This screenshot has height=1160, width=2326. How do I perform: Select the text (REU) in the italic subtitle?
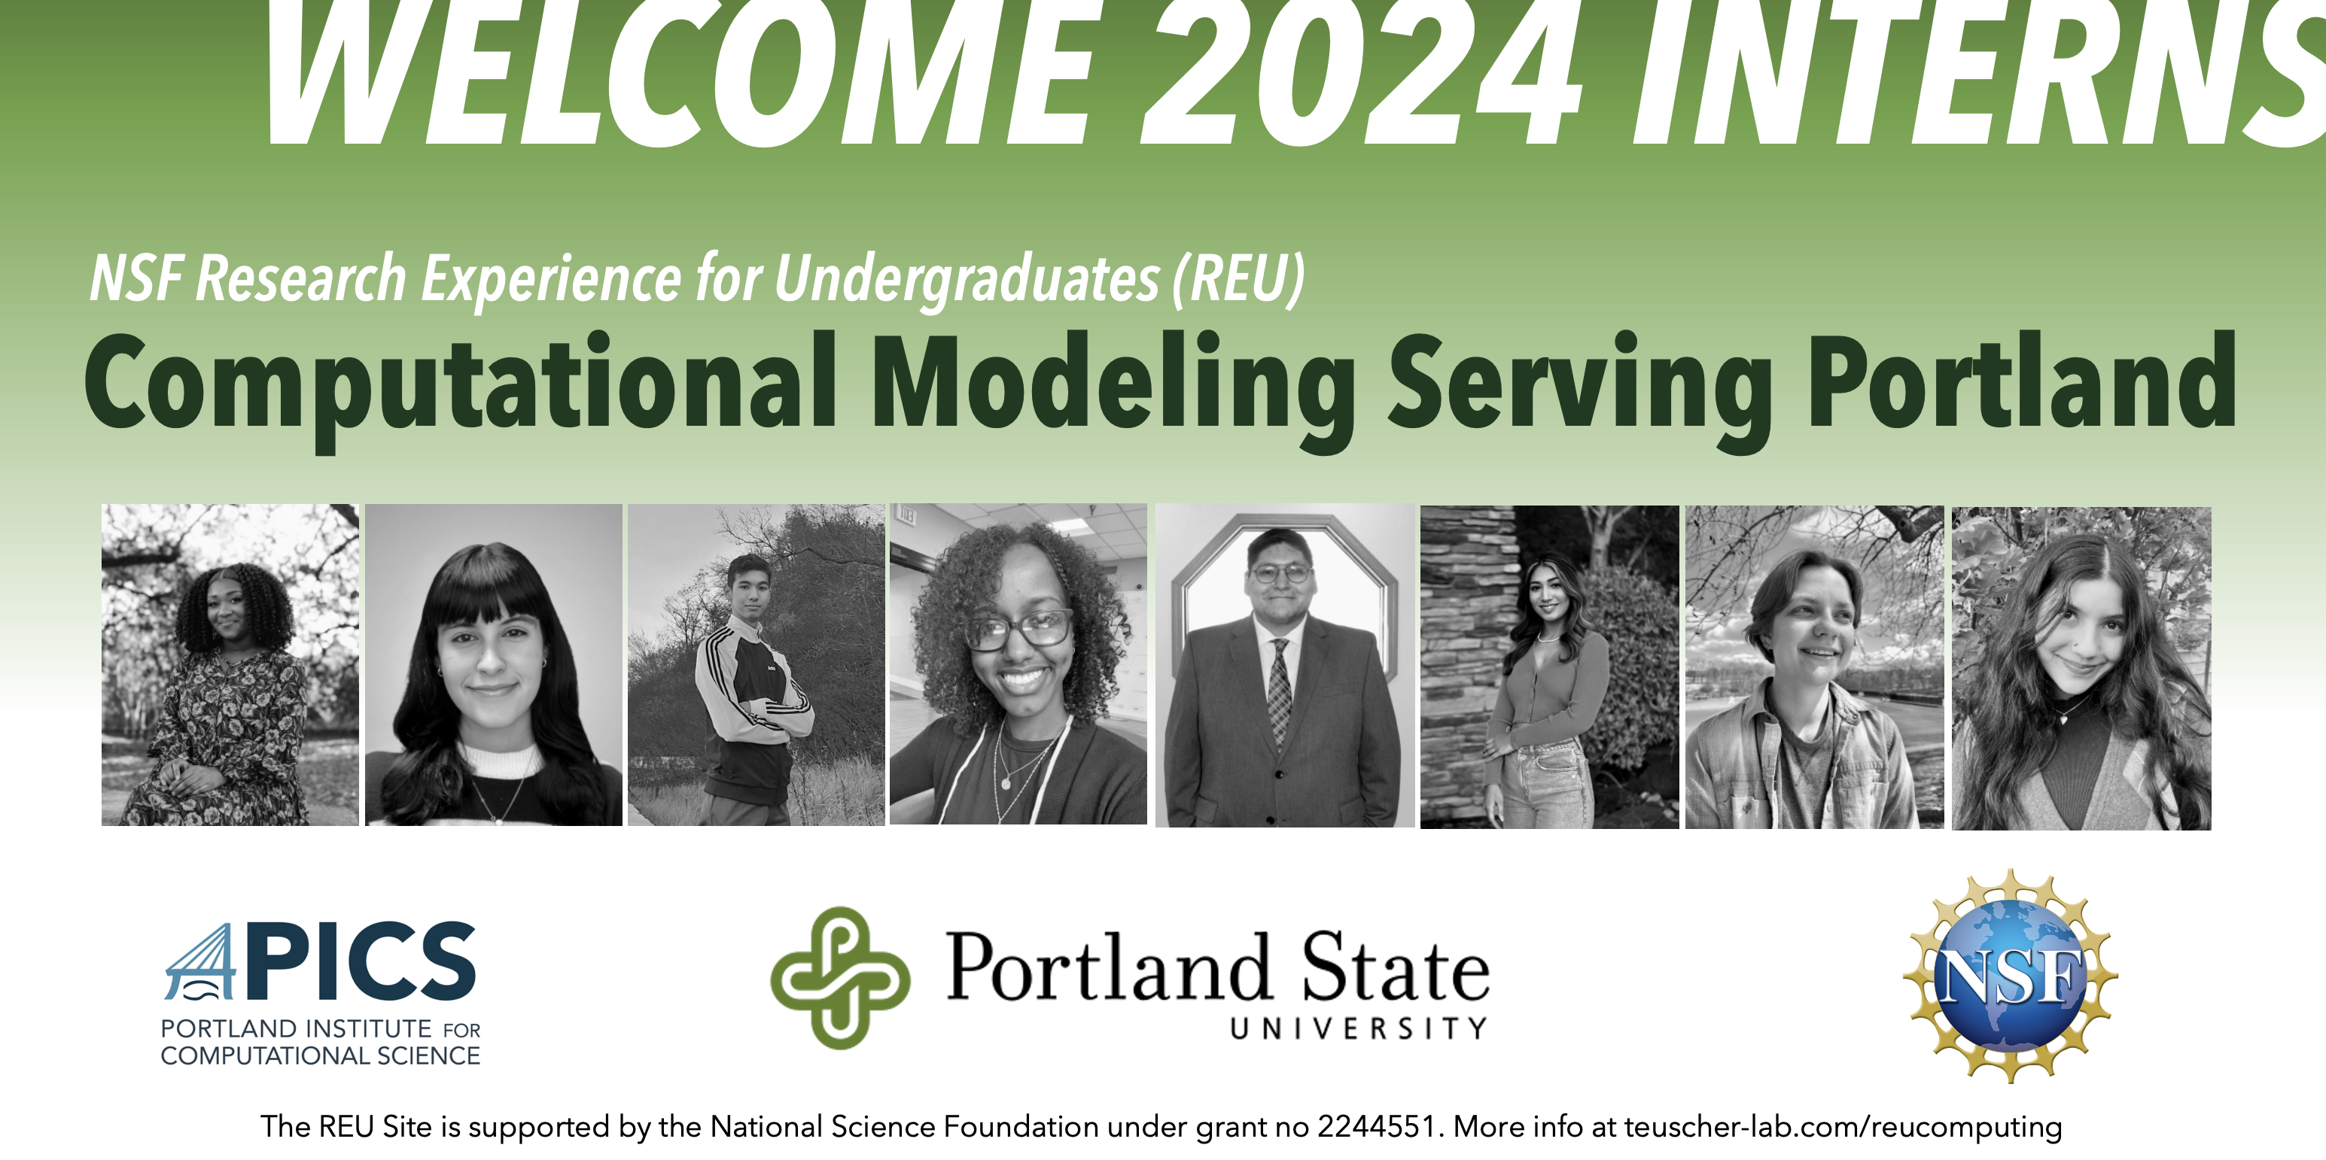click(1239, 279)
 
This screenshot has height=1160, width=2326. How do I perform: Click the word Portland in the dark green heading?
click(2023, 379)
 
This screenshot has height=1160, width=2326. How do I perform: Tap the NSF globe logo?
click(2010, 976)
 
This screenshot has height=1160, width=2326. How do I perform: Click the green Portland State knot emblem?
click(840, 978)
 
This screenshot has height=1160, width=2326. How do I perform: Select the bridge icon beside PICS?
click(200, 962)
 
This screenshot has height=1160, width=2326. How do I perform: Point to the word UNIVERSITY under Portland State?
click(1359, 1028)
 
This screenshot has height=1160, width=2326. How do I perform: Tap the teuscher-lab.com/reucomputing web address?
click(1843, 1127)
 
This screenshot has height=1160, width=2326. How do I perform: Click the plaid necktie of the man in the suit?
click(1279, 691)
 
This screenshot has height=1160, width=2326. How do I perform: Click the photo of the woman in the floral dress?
click(230, 664)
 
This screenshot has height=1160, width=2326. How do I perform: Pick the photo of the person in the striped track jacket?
click(756, 664)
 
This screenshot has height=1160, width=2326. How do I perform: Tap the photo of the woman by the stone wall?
click(1549, 667)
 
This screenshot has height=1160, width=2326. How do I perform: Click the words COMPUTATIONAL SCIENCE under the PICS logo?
click(321, 1055)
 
